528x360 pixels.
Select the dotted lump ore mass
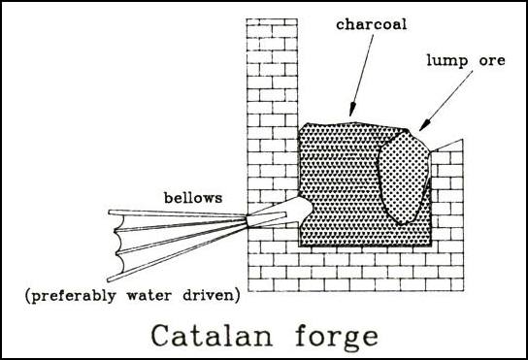pos(403,175)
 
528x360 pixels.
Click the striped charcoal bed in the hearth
pos(340,184)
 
